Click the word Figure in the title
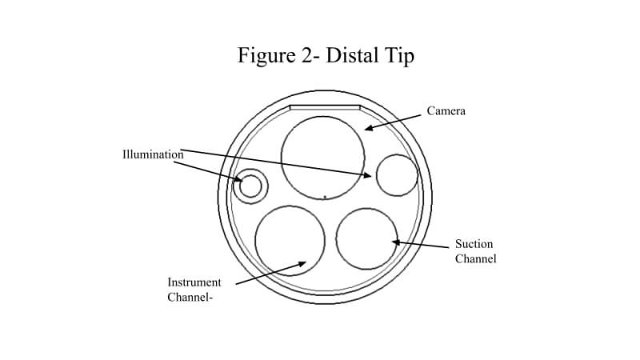(264, 56)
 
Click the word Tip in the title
(400, 56)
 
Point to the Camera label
(446, 111)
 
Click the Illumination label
(153, 154)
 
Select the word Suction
(474, 244)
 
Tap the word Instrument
(194, 282)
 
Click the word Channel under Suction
(475, 258)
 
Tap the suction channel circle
(367, 238)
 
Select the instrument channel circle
(290, 240)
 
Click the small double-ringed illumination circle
(250, 186)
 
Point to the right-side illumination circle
(397, 175)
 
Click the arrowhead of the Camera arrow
(368, 127)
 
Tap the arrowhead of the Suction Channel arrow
(394, 242)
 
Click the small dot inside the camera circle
(325, 195)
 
